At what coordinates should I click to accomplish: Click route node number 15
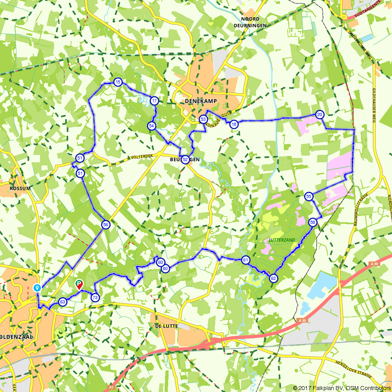click(x=118, y=82)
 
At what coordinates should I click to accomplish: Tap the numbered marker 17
click(x=154, y=101)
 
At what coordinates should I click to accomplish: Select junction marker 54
click(x=152, y=126)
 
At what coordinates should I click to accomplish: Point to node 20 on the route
click(x=319, y=114)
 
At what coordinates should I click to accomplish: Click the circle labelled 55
click(x=309, y=196)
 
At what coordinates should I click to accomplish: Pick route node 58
click(x=312, y=222)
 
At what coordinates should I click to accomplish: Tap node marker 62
click(x=274, y=278)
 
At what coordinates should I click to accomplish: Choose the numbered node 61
click(x=246, y=260)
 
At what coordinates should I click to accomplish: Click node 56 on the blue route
click(x=105, y=225)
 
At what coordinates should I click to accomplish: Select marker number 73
click(x=95, y=298)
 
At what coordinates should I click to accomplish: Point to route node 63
click(x=63, y=302)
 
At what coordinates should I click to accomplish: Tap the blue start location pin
click(x=37, y=288)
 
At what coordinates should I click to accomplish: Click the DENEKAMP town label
click(x=200, y=102)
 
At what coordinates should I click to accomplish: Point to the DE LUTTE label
click(x=167, y=326)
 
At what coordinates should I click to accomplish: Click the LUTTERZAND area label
click(x=282, y=240)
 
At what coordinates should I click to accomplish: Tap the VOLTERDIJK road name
click(x=141, y=156)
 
